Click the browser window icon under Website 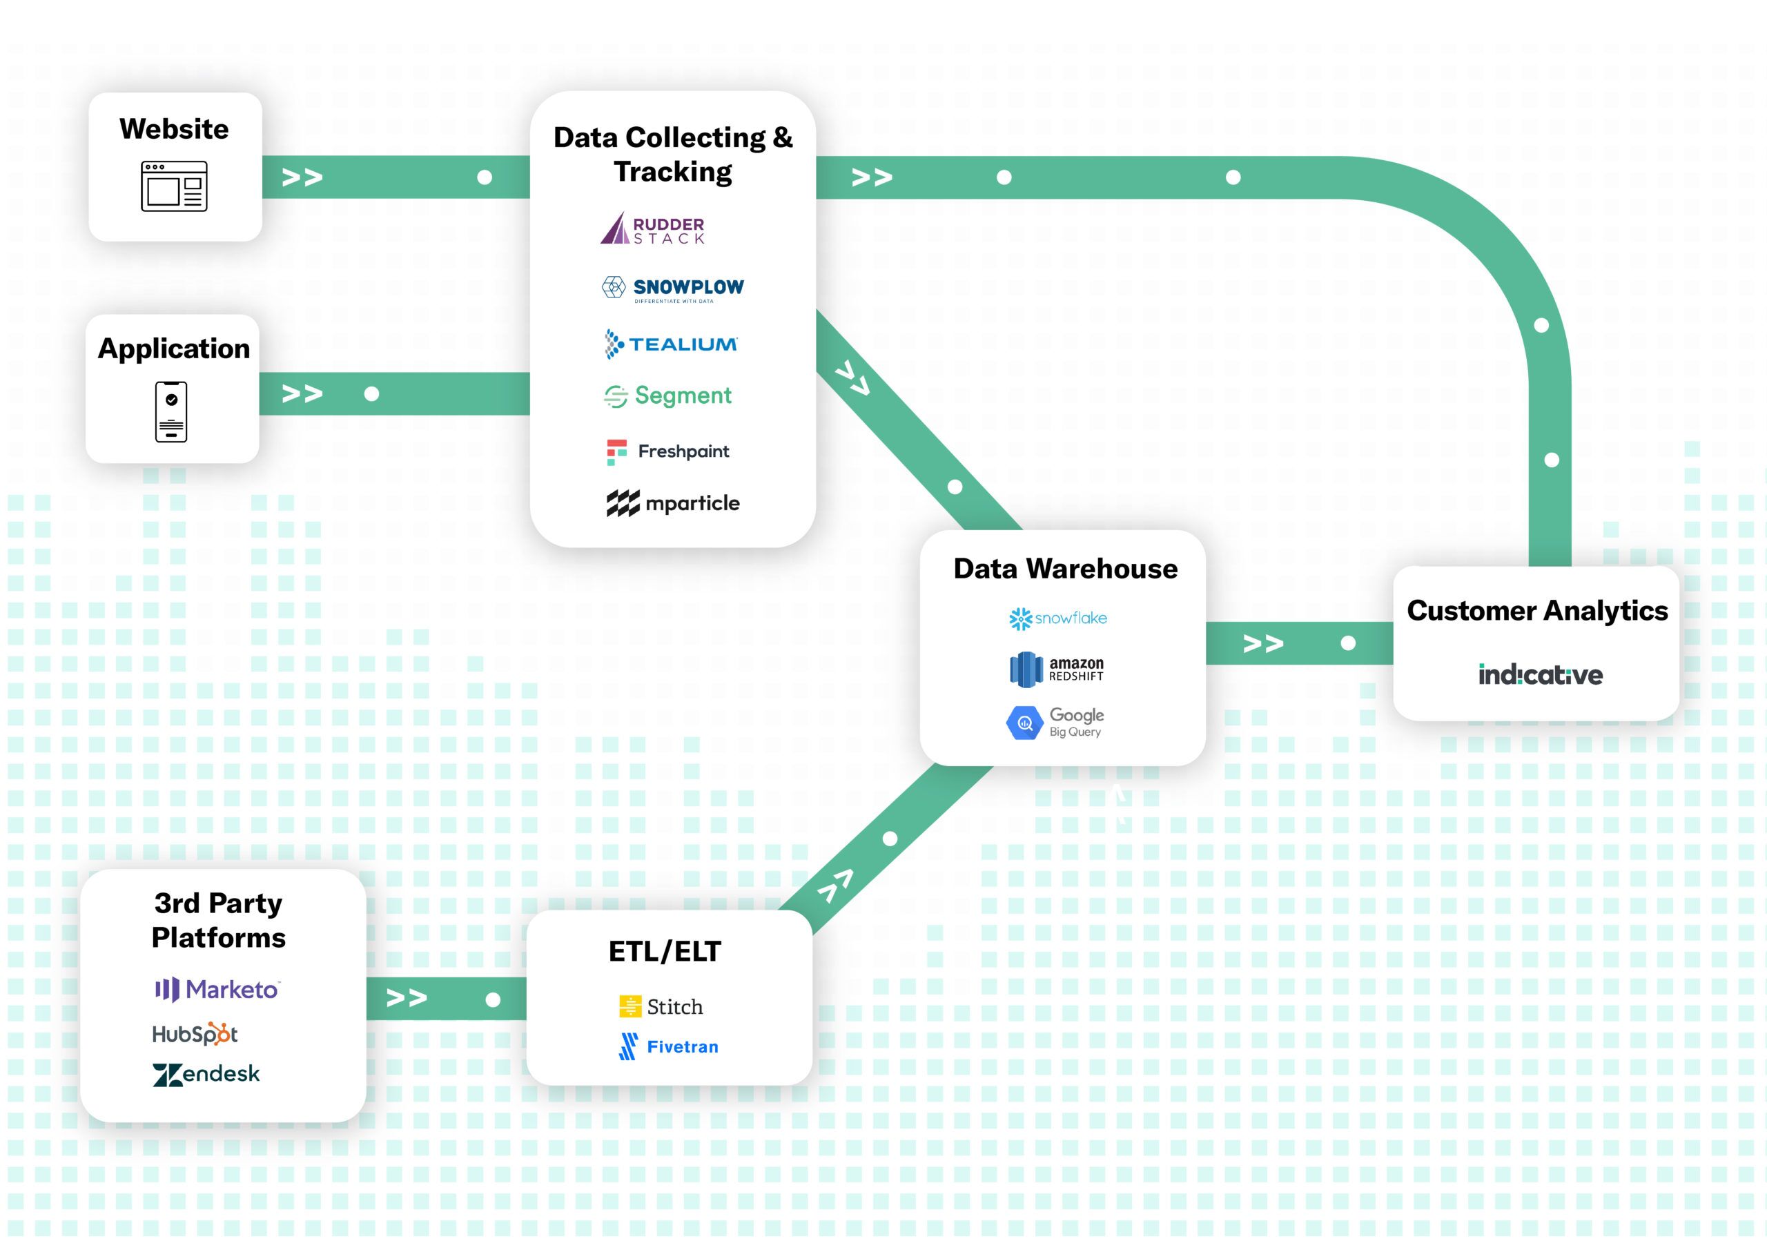click(x=174, y=186)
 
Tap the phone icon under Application click(x=171, y=411)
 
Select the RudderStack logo click(x=653, y=229)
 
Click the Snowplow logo click(x=672, y=289)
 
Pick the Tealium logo click(x=671, y=344)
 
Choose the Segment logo click(x=668, y=396)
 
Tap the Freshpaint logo click(x=668, y=451)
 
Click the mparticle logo click(x=672, y=503)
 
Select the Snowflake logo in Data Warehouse click(x=1057, y=618)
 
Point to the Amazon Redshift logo click(x=1056, y=669)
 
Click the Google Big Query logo click(x=1055, y=723)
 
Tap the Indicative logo click(x=1540, y=675)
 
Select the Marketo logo click(x=218, y=989)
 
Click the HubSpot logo click(x=195, y=1034)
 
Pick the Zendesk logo click(x=206, y=1074)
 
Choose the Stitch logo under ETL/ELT click(x=661, y=1006)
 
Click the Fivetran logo click(x=668, y=1047)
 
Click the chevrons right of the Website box click(x=302, y=177)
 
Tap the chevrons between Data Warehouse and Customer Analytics click(x=1263, y=644)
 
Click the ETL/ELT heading click(x=665, y=952)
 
